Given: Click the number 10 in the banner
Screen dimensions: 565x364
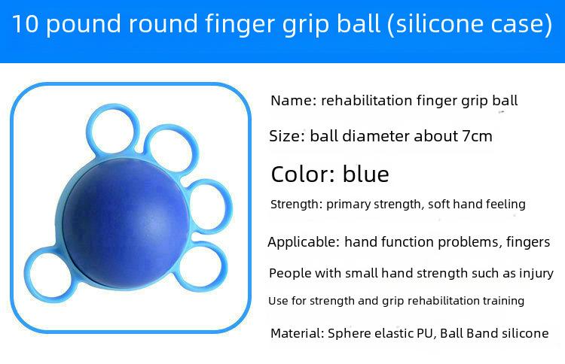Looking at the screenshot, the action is pos(25,24).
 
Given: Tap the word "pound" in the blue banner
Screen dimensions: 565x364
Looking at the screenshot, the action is pos(84,25).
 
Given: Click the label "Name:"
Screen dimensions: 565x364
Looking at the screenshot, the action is pos(293,100).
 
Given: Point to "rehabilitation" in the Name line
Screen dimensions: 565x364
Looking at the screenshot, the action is pos(366,100).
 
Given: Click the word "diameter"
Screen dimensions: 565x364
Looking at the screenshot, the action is pos(375,136).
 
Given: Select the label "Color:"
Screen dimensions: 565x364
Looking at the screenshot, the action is pos(304,174).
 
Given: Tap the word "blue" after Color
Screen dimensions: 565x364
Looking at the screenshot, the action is pos(365,174).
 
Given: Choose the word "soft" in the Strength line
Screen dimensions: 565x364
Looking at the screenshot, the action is pos(438,204).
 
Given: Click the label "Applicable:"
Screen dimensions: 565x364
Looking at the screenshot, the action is pos(304,242).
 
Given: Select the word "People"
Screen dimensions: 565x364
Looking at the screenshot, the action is pos(290,273).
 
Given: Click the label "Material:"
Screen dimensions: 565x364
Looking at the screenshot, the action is pos(298,333).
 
